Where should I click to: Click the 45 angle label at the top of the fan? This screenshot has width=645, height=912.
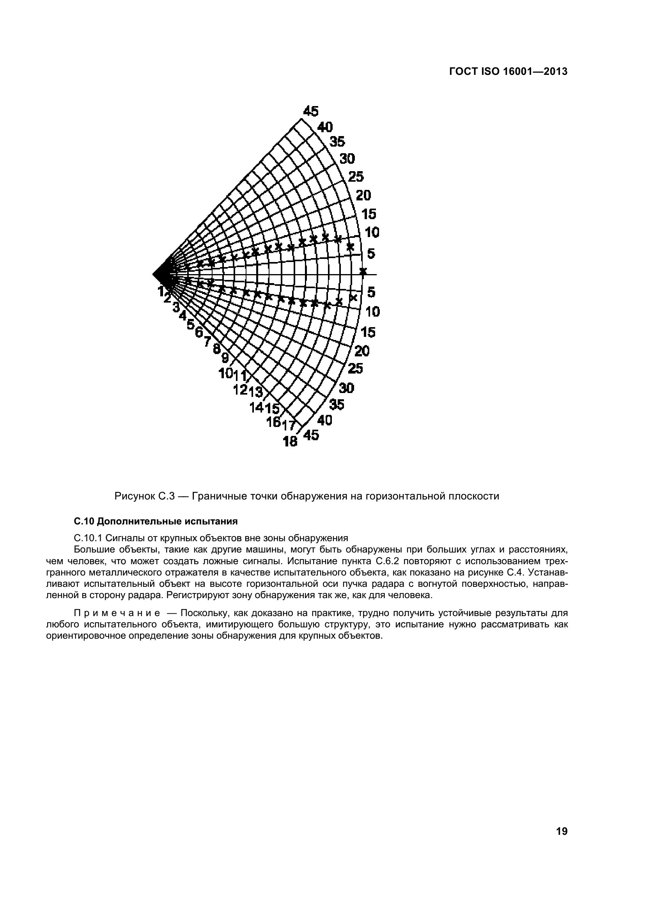[310, 112]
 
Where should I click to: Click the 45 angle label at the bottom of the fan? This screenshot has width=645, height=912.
[310, 436]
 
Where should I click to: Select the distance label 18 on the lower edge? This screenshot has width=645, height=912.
[291, 441]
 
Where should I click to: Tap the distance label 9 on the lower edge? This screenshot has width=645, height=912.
[225, 358]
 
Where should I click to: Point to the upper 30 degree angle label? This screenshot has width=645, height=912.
[347, 159]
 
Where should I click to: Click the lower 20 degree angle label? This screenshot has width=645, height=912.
[361, 351]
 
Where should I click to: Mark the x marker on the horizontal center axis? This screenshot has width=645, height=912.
[363, 271]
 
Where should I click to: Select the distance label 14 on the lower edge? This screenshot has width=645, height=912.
[256, 407]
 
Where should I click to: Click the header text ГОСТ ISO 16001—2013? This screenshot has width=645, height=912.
[508, 71]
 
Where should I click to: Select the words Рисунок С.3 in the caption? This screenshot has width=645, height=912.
[145, 496]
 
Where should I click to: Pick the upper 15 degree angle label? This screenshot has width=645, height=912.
[369, 214]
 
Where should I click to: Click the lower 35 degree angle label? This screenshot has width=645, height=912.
[337, 405]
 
